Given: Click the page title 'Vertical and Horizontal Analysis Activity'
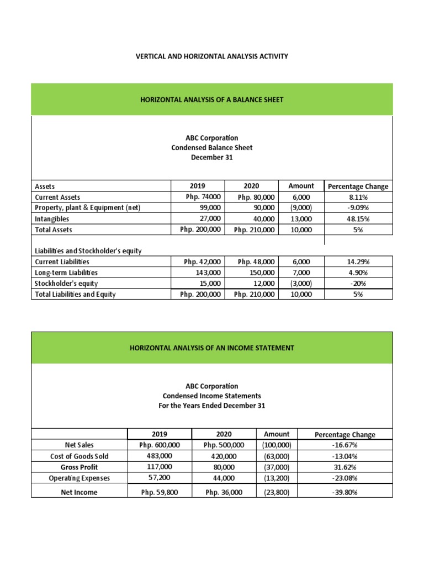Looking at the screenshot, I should tap(212, 56).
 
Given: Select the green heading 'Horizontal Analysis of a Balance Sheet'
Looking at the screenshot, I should tap(212, 99).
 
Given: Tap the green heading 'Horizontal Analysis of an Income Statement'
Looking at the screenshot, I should tap(212, 348).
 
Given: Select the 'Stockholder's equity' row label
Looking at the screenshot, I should tap(66, 283).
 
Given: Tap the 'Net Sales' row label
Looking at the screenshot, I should tap(79, 445).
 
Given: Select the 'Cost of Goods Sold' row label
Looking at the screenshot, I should tap(79, 456).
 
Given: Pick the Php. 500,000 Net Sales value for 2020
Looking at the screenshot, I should tap(224, 445).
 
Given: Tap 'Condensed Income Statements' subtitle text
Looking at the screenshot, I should tap(212, 396).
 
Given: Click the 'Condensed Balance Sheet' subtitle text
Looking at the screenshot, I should tap(212, 147).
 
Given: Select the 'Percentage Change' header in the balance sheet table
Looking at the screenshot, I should tap(358, 186).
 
